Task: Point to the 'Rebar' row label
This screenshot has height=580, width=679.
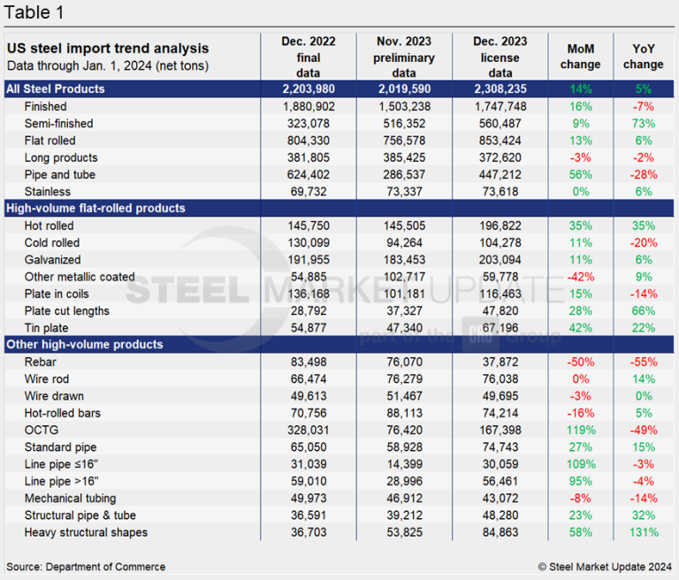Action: coord(41,362)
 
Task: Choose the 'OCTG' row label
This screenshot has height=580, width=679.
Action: coord(41,430)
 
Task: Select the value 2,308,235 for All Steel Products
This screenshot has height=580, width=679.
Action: coord(500,88)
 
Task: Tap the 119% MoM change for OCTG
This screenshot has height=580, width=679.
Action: coord(581,430)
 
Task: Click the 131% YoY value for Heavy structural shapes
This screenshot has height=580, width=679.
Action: coord(643,532)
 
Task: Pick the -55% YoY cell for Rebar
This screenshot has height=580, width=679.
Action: coord(643,362)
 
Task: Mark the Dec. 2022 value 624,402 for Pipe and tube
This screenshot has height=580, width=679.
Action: coord(309,174)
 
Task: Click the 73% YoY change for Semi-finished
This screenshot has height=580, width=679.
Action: coord(643,123)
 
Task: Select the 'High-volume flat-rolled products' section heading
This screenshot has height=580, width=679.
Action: coord(95,209)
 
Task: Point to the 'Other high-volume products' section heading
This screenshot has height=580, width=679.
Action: coord(83,345)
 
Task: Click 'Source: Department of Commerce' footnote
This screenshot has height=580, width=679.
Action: coord(86,566)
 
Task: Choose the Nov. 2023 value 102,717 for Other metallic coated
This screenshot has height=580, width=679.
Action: coord(403,277)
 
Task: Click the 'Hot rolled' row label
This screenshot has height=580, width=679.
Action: coord(51,225)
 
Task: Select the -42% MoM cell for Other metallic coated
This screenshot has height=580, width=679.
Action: coord(581,277)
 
